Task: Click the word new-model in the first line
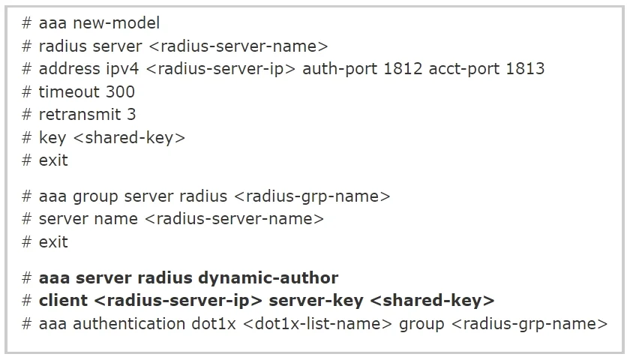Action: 116,23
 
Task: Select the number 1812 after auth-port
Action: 403,69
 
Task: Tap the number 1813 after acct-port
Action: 525,69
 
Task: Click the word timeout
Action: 69,92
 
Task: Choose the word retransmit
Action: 80,115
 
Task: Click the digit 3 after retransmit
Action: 131,115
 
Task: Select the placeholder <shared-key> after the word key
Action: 130,138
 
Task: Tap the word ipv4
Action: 122,70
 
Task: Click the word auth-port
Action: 340,69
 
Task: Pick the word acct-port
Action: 464,69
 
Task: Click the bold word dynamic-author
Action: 268,278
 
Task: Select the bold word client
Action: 63,301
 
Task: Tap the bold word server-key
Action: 316,301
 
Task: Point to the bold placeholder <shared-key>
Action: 433,301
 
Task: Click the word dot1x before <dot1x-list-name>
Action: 214,323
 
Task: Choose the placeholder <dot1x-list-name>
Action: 317,323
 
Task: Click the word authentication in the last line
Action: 129,323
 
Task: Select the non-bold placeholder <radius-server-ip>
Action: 220,70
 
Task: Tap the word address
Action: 69,69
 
